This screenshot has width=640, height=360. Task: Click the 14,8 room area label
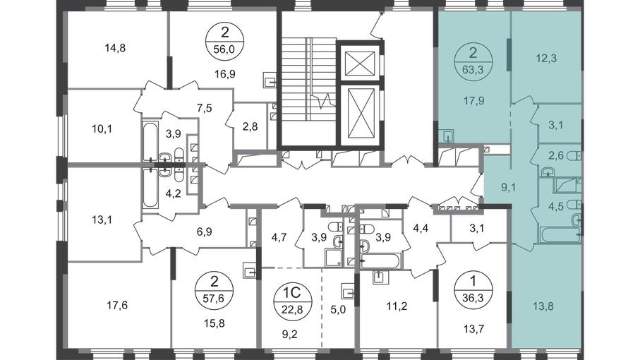point(115,48)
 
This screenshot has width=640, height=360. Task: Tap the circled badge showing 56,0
point(224,41)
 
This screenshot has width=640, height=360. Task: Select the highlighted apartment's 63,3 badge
point(473,62)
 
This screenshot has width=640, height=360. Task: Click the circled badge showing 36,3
point(473,290)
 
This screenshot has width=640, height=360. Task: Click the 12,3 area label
point(546,59)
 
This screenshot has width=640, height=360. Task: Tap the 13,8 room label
point(543,306)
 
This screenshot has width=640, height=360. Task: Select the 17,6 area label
point(117,306)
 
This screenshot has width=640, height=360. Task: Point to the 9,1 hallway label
point(509,187)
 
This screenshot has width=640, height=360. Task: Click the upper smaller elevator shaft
point(360,64)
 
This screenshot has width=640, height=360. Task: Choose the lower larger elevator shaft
point(360,114)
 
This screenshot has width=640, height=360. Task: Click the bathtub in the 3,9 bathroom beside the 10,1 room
point(150,141)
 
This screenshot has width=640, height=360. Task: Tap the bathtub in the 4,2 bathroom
point(150,188)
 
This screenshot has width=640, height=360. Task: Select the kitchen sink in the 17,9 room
point(448,136)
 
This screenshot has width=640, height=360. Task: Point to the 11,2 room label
point(397,306)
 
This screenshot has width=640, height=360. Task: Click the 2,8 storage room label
point(250,126)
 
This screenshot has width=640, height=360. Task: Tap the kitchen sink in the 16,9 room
point(270,80)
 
